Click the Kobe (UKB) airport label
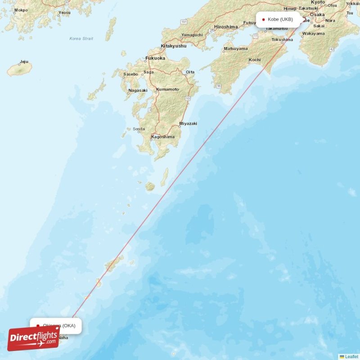tap(280, 19)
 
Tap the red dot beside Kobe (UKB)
tap(263, 19)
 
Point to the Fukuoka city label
tap(155, 58)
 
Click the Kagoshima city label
tap(162, 137)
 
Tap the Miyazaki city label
tap(188, 123)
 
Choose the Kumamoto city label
tap(167, 89)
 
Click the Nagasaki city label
tap(138, 90)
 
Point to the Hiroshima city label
tap(226, 27)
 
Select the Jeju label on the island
tap(24, 62)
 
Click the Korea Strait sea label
tap(81, 39)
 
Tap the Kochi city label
tap(255, 59)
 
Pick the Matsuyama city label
tap(236, 49)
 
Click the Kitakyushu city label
tap(174, 46)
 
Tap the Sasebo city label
tap(130, 74)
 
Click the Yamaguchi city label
tap(192, 35)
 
